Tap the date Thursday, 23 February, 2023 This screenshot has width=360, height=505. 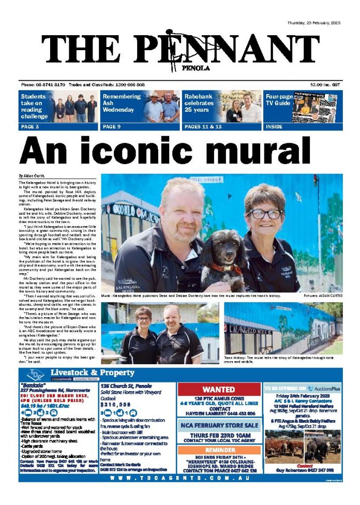click(x=314, y=24)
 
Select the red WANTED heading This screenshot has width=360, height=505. click(x=218, y=389)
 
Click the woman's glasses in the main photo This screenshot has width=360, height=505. click(x=266, y=213)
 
